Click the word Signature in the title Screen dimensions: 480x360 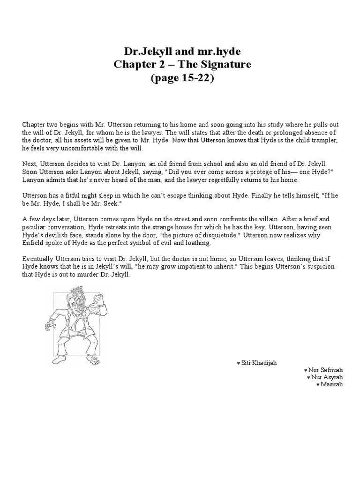tap(221, 64)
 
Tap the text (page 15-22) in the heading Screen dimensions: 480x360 tap(182, 78)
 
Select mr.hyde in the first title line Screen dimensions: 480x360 tap(215, 51)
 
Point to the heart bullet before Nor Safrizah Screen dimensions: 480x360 tap(306, 370)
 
